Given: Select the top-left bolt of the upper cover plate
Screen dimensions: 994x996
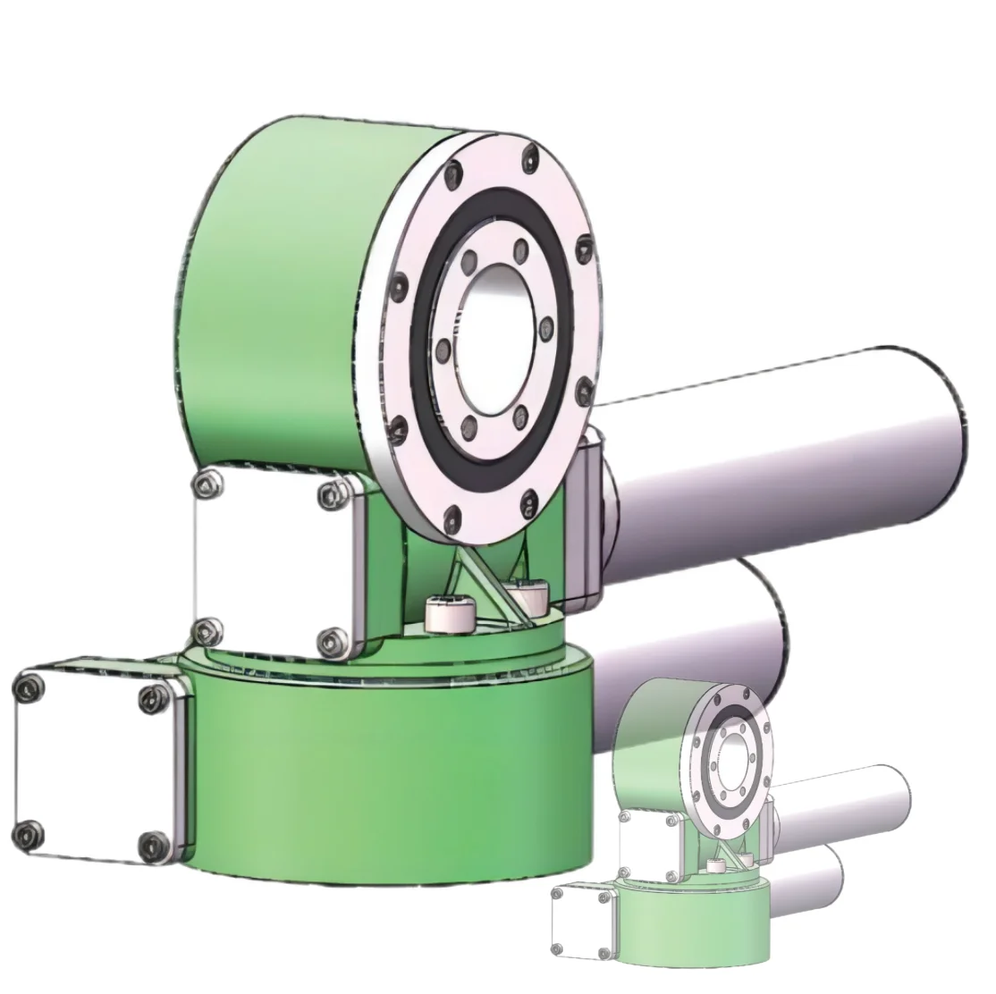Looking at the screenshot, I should pyautogui.click(x=209, y=483).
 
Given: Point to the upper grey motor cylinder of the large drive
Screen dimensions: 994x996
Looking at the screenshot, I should pyautogui.click(x=787, y=447).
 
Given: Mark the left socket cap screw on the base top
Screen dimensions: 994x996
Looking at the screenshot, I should pyautogui.click(x=444, y=614).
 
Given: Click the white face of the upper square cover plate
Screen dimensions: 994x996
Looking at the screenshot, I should pyautogui.click(x=268, y=563).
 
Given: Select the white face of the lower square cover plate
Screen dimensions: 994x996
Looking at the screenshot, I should pyautogui.click(x=85, y=764).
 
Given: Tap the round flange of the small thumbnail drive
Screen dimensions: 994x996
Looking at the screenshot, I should pyautogui.click(x=729, y=751).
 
